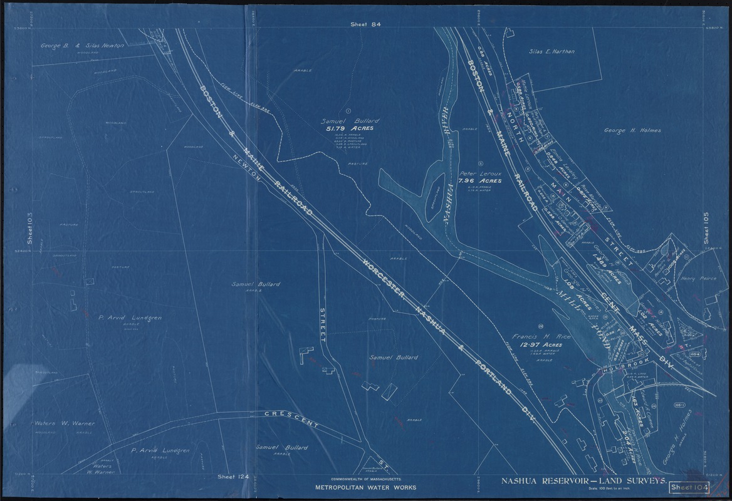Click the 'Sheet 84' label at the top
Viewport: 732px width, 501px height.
(367, 24)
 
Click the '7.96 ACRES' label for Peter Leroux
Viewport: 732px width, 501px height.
(479, 181)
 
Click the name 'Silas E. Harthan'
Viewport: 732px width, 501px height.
(552, 53)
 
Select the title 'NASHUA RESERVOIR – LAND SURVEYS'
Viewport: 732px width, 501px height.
(583, 481)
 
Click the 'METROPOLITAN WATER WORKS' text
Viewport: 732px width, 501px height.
(365, 487)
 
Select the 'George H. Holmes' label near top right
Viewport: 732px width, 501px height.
(632, 131)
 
